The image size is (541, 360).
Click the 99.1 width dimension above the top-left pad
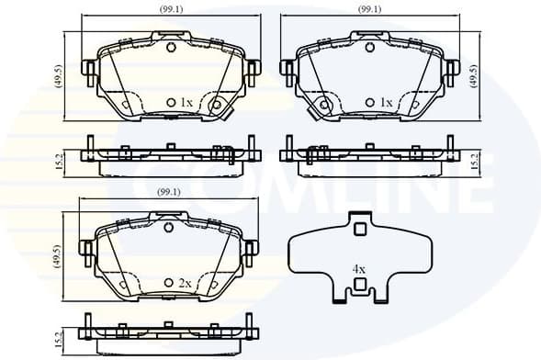(170, 10)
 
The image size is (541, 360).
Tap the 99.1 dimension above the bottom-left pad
(170, 191)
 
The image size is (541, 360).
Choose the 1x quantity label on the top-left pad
(186, 102)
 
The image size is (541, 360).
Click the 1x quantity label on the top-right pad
(386, 102)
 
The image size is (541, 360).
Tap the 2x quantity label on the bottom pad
(186, 284)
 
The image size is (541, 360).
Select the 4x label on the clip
(359, 270)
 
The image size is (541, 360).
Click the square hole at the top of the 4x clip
(359, 230)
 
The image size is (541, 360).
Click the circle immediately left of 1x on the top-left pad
(170, 102)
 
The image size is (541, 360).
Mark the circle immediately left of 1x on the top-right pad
(370, 102)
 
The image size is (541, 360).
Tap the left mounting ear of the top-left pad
(88, 70)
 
